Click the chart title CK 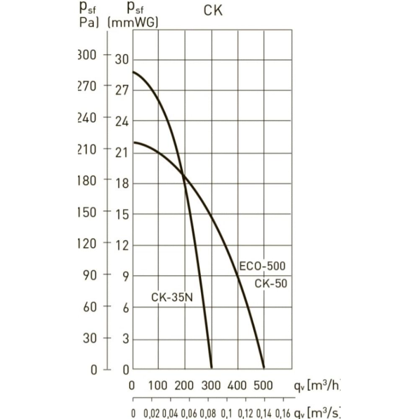213,11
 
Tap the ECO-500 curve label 262,266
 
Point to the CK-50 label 271,284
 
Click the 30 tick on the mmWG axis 122,59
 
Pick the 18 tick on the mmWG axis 122,184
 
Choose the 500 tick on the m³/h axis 263,385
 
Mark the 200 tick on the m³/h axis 184,385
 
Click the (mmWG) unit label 133,23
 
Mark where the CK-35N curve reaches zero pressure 212,368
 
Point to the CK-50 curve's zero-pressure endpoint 264,368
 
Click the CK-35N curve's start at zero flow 133,72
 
